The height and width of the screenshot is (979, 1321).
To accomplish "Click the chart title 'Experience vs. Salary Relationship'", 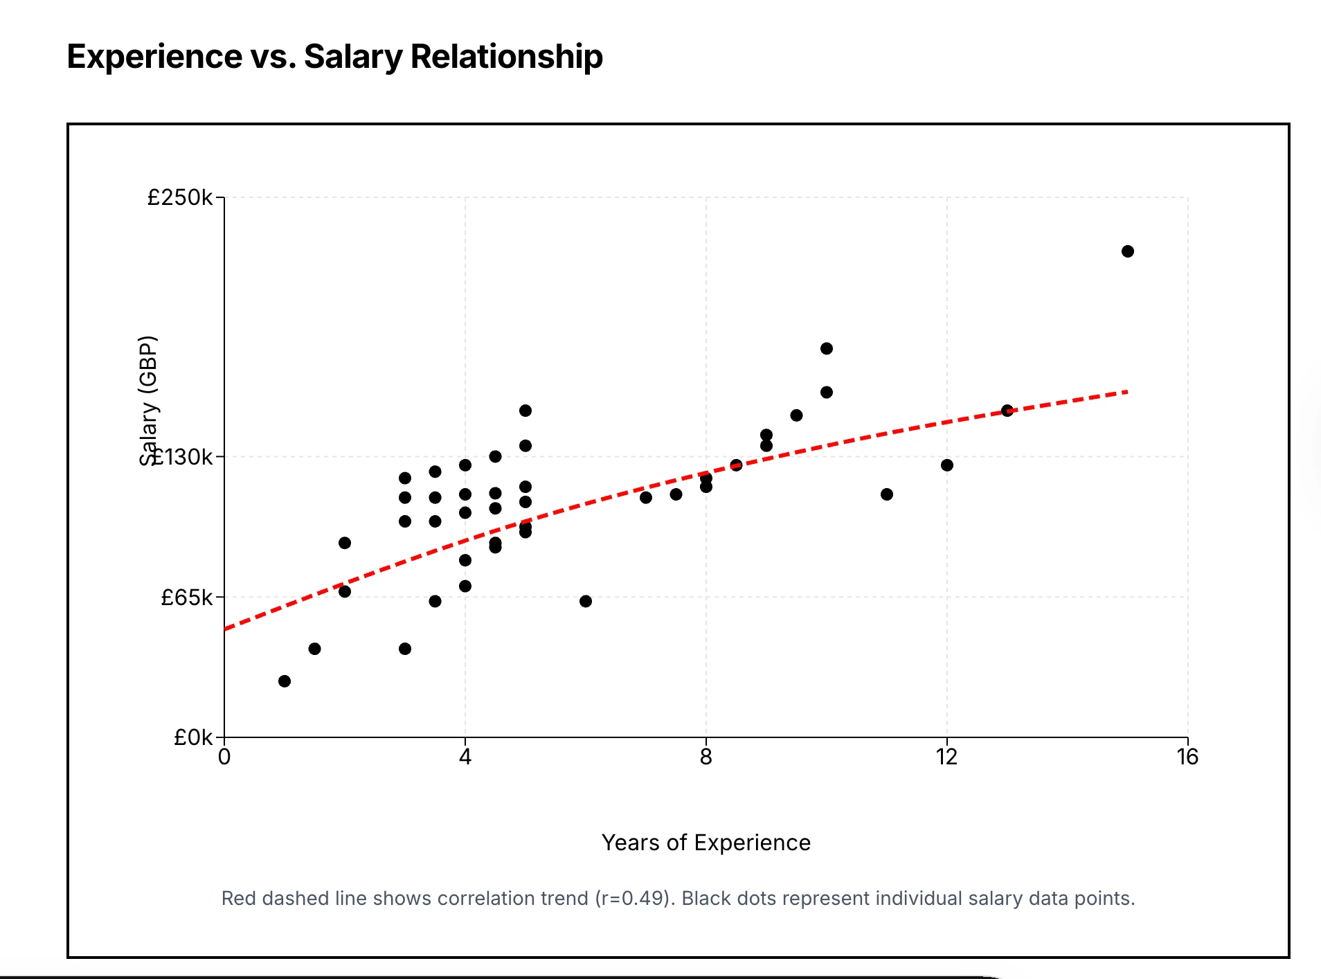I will (x=334, y=57).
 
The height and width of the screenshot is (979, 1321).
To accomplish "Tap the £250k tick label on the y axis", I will (x=180, y=198).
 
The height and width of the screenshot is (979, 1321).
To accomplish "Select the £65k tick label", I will (x=187, y=597).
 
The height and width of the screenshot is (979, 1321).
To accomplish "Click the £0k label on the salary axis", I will (x=193, y=737).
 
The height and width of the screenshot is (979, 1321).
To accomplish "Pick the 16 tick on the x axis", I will (x=1187, y=757).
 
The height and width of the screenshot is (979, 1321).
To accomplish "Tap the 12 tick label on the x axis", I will (x=946, y=757).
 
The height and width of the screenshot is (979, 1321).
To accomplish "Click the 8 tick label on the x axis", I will (x=706, y=757).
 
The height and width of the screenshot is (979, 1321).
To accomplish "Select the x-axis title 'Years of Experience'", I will (x=706, y=843).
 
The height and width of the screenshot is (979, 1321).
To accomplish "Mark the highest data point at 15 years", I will (x=1128, y=251).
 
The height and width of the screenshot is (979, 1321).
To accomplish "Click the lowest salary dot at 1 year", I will (x=285, y=681).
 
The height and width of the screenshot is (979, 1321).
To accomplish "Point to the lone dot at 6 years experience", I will (x=586, y=601).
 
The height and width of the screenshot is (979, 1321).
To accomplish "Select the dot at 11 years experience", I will (x=887, y=494).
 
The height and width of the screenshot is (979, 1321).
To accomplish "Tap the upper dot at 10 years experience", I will (x=827, y=348).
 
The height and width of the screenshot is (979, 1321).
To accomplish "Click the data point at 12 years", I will (x=947, y=465).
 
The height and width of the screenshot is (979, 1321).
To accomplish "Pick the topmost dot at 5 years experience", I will (x=525, y=411).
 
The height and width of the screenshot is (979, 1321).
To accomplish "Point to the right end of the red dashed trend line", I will (x=1126, y=393).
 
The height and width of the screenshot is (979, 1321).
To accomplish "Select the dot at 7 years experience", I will (x=646, y=498).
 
